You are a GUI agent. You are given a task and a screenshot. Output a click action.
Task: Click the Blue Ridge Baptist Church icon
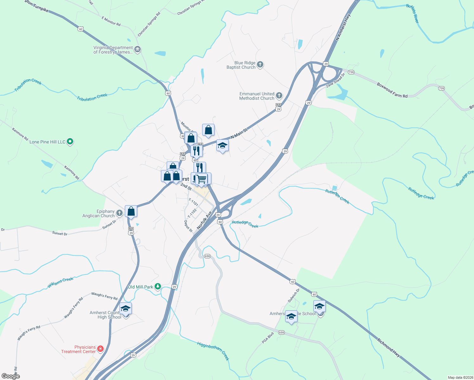click(x=260, y=65)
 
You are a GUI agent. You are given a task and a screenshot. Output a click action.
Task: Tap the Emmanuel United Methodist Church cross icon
click(x=279, y=96)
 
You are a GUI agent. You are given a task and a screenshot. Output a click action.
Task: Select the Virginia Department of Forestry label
click(x=113, y=50)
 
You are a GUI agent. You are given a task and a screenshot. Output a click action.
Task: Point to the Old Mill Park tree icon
click(x=157, y=287)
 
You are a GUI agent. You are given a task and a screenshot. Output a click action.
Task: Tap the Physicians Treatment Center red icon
click(x=100, y=349)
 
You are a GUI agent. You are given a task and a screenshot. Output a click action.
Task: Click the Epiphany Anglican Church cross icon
click(x=119, y=213)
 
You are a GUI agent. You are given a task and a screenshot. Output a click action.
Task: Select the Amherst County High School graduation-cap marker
click(x=125, y=308)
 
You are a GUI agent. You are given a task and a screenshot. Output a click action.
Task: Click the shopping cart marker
click(x=202, y=179)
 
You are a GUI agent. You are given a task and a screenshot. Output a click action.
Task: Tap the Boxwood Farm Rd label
click(x=392, y=90)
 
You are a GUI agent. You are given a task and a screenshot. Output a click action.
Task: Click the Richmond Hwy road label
click(x=388, y=348)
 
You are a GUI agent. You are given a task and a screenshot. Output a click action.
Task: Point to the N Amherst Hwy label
click(x=343, y=27)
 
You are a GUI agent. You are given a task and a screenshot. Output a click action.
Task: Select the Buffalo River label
click(x=413, y=14)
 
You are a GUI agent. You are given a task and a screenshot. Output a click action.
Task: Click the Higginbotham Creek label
click(x=213, y=351)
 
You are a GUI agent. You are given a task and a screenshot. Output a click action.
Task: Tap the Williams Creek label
click(x=60, y=282)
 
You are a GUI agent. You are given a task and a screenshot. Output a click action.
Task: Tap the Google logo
click(x=11, y=376)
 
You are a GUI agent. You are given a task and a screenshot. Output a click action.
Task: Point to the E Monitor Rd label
click(x=111, y=21)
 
